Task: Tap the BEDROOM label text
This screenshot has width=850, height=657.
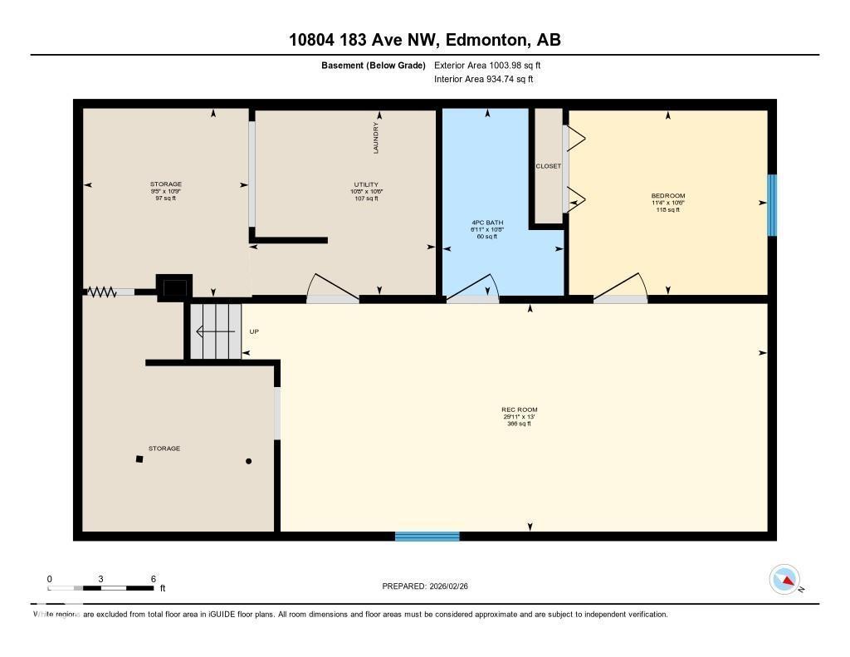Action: click(x=667, y=196)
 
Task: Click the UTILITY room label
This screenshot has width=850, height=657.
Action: click(x=366, y=184)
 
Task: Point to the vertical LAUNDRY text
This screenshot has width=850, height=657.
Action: click(x=376, y=138)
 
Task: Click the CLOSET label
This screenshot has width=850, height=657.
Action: click(x=548, y=166)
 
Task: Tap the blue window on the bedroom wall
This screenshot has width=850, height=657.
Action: click(x=772, y=205)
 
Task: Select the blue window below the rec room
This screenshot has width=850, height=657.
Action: click(x=427, y=537)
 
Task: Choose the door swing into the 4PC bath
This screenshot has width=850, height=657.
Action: click(x=473, y=287)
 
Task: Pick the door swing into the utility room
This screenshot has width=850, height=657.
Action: click(x=332, y=287)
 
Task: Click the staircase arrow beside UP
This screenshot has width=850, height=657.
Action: click(x=214, y=332)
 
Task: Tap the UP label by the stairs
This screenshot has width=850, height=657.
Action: click(x=254, y=332)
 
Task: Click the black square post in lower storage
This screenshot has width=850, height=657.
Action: click(x=139, y=458)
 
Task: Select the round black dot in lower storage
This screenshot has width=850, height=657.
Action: click(x=248, y=461)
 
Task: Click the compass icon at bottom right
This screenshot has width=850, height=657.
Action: click(x=784, y=579)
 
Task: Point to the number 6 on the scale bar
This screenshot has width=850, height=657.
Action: click(x=154, y=579)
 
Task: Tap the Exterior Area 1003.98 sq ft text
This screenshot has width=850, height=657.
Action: click(x=487, y=65)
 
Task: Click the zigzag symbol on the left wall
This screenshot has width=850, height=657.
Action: click(x=101, y=292)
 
